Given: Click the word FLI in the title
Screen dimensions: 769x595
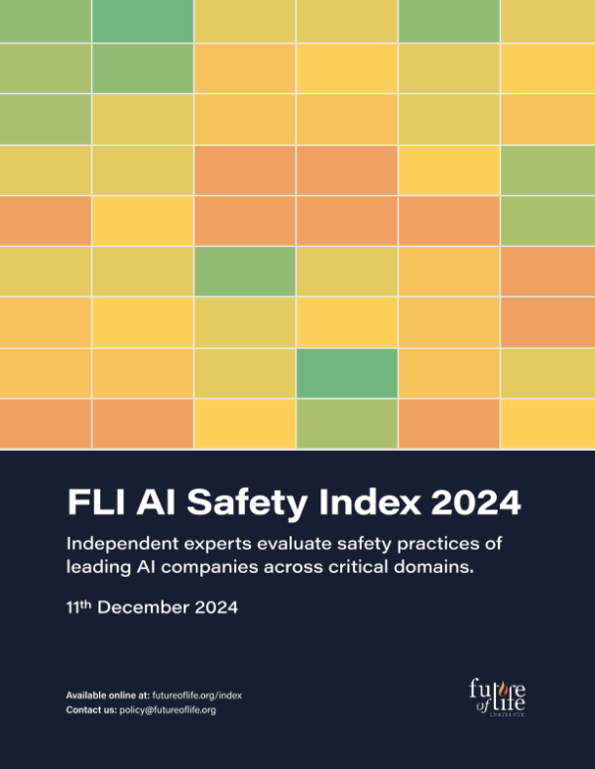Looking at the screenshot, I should (x=96, y=503).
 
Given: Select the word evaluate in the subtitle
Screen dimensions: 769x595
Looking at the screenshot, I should (x=301, y=545).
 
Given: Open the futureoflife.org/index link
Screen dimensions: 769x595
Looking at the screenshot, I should (x=197, y=696).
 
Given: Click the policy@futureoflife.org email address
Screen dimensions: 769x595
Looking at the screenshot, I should (x=168, y=711).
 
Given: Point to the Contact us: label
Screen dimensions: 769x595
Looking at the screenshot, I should (x=91, y=711).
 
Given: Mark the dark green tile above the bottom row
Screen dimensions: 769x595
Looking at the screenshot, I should (x=347, y=373).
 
